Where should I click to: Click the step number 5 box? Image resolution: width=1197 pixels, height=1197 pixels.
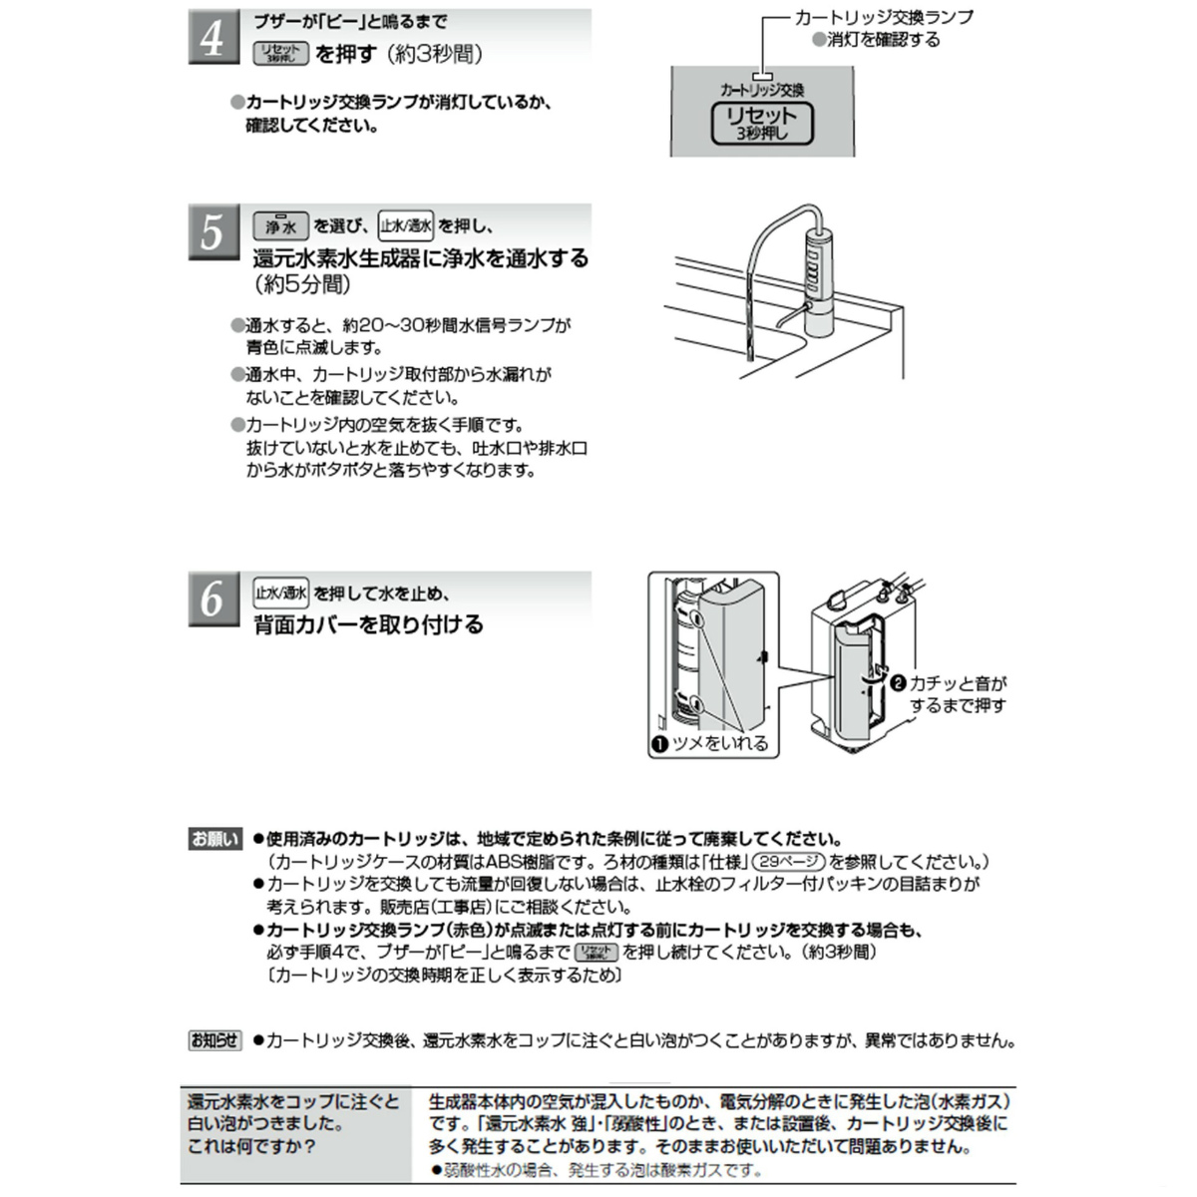pos(213,232)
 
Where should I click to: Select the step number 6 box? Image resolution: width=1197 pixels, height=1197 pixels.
pos(213,598)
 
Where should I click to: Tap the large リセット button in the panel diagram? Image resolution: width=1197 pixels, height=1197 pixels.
pos(761,123)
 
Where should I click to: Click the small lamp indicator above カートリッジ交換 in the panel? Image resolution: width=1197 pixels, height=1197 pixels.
pos(762,75)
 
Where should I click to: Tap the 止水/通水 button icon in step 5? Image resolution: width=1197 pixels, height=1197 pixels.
pos(405,225)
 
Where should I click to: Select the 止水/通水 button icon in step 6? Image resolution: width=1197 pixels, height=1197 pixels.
pos(281,593)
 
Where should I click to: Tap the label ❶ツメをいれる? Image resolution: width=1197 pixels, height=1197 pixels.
pos(709,743)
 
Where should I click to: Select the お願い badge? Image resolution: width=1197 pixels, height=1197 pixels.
pos(214,839)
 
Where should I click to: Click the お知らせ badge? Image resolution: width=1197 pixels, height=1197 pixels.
pos(214,1040)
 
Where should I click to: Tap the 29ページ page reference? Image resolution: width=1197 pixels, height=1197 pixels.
pos(788,861)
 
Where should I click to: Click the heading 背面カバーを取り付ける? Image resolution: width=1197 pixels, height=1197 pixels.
pos(368,625)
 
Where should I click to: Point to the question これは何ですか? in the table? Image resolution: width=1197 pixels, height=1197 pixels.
pos(251,1146)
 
